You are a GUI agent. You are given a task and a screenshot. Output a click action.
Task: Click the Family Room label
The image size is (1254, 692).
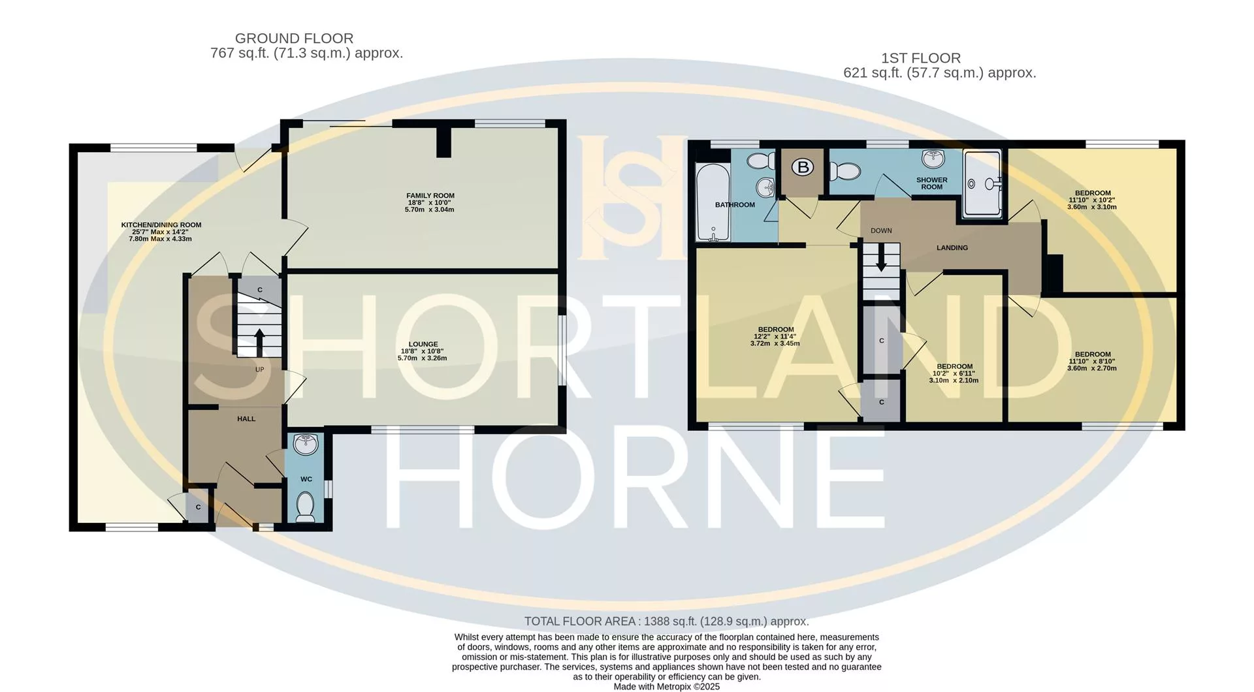[x=430, y=196]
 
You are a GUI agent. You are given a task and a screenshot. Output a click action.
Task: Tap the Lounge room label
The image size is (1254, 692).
[x=423, y=344]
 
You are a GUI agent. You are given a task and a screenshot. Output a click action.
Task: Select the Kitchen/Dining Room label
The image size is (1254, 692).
[x=161, y=225]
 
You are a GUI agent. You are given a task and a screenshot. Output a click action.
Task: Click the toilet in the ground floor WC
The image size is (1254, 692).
[x=305, y=507]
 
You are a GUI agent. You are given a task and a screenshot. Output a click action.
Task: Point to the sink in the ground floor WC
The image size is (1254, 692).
[x=306, y=444]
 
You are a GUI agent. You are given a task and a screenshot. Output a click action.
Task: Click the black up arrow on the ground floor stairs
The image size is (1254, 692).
[x=259, y=342]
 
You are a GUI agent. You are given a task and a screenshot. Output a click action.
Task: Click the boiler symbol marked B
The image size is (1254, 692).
[x=803, y=167]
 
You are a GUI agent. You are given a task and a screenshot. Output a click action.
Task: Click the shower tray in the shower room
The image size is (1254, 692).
[x=982, y=183]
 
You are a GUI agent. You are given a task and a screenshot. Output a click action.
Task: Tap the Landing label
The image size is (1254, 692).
[x=952, y=248]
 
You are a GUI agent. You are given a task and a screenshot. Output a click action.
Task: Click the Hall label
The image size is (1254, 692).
[x=246, y=419]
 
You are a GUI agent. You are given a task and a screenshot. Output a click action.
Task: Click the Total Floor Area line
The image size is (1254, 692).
[x=667, y=621]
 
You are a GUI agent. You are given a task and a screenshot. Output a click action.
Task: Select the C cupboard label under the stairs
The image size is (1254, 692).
[x=259, y=290]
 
